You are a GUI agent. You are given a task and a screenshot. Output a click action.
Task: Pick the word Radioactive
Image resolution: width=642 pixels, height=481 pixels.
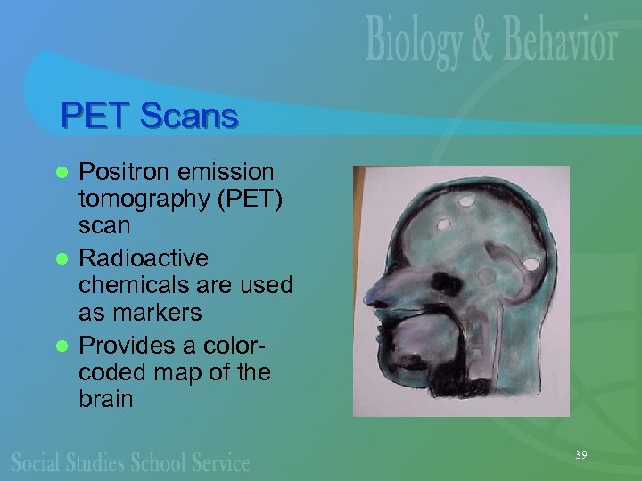pyautogui.click(x=144, y=257)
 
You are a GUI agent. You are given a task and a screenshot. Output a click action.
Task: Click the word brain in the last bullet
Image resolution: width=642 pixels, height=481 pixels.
pyautogui.click(x=106, y=398)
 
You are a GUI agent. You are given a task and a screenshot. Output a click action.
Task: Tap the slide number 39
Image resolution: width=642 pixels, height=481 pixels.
pyautogui.click(x=580, y=455)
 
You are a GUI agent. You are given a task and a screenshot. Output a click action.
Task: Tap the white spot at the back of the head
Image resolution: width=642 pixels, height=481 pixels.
pyautogui.click(x=532, y=265)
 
